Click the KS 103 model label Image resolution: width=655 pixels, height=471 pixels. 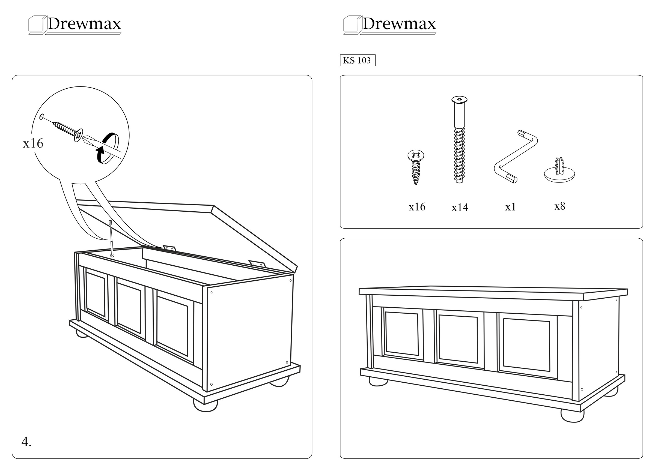pos(358,60)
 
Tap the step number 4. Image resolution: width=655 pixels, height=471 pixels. pos(26,442)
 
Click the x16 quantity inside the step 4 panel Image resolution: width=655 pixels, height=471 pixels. pos(33,143)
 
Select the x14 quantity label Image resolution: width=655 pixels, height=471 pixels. pos(460,208)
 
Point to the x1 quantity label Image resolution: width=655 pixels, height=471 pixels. pos(510,207)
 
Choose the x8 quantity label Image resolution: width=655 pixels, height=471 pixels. pos(560,206)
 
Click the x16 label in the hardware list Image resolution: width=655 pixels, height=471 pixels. pos(417,207)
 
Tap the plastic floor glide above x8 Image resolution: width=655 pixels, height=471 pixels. pos(559,172)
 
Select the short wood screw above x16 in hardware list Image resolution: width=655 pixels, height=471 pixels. pos(416,167)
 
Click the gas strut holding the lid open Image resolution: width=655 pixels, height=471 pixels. pos(111,238)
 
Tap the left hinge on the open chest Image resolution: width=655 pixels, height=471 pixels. pos(169,248)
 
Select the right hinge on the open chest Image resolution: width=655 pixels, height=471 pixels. pos(257,263)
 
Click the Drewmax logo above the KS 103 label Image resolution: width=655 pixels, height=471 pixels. pos(390,25)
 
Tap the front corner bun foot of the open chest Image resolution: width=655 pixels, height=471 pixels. pos(205,405)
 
